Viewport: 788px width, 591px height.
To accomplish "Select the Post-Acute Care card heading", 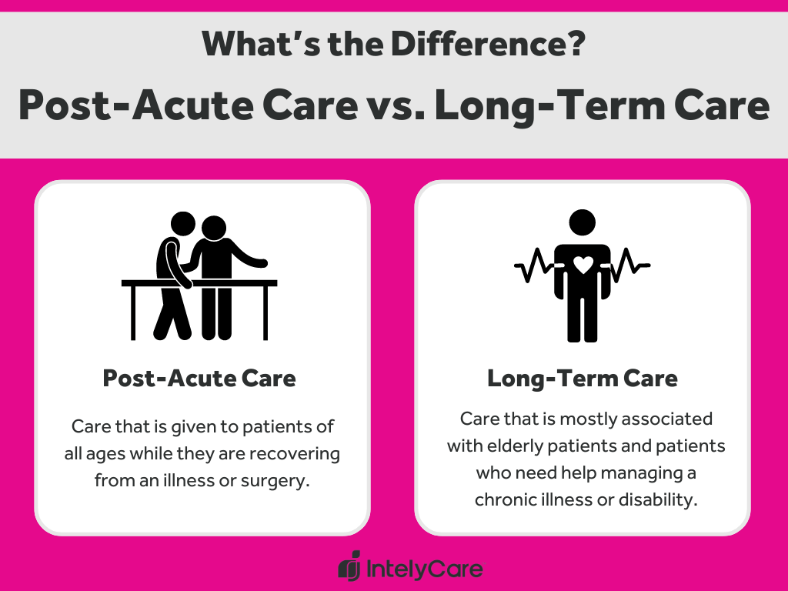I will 199,379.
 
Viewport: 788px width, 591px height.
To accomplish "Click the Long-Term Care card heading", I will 583,379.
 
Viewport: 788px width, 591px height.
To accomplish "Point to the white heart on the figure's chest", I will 583,265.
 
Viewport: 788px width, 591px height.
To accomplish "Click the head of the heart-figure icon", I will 583,223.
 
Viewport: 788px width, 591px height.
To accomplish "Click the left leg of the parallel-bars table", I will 133,312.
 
